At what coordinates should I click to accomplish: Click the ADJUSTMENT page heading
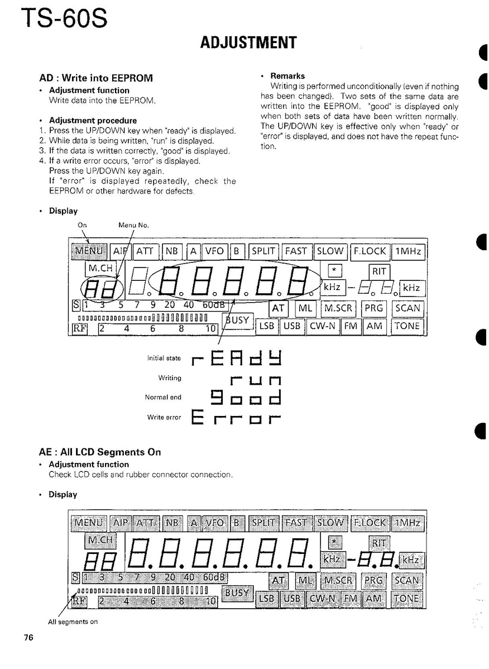(248, 43)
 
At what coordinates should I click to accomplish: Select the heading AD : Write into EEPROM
(95, 78)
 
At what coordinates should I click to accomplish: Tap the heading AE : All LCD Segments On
(100, 452)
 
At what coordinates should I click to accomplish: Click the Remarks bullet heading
(287, 76)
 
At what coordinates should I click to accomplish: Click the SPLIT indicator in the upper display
(263, 252)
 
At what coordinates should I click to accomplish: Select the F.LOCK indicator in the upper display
(370, 252)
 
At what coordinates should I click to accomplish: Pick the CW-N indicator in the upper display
(324, 326)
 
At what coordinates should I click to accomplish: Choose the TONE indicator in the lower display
(407, 599)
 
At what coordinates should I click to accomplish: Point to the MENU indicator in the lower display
(89, 523)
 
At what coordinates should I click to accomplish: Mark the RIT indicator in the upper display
(379, 271)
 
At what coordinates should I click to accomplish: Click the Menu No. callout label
(133, 226)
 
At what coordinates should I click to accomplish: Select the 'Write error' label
(164, 417)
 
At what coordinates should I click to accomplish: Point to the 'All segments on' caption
(73, 622)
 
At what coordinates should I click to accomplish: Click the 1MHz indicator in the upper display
(408, 252)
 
